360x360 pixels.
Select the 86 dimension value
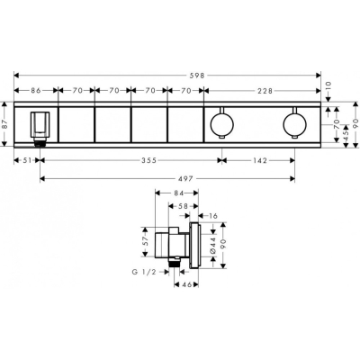pyautogui.click(x=36, y=91)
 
